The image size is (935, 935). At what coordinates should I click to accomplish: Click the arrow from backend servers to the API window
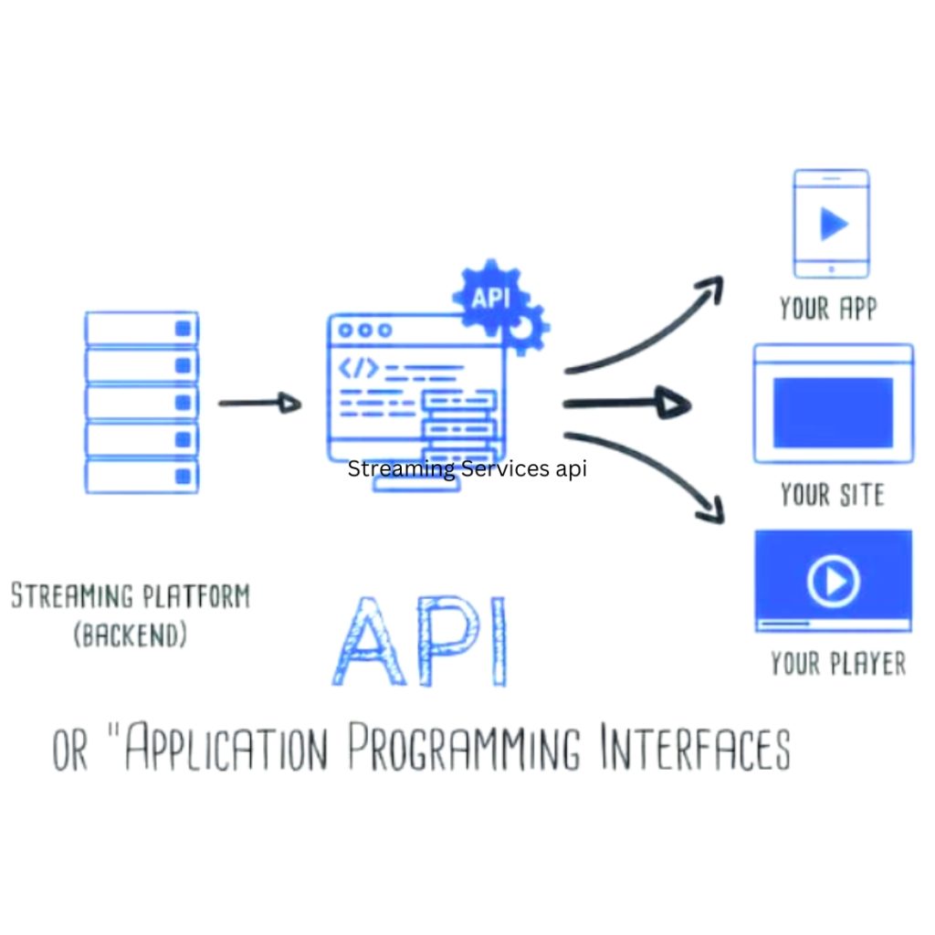259,403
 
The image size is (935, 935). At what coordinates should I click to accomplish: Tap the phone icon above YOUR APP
831,224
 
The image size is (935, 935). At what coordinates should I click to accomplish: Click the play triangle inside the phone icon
833,223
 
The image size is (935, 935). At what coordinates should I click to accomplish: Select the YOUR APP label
828,309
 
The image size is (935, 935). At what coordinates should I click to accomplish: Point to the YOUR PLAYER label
838,663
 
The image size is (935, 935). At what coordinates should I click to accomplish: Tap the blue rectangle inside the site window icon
833,413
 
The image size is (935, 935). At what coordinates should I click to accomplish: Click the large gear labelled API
490,297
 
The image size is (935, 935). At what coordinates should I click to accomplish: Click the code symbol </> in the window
358,368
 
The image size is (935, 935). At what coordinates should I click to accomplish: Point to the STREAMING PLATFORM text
130,596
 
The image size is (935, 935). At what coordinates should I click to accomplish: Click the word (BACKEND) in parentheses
130,636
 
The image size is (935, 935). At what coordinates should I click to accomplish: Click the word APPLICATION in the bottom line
225,751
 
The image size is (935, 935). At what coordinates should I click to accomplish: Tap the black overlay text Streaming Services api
467,469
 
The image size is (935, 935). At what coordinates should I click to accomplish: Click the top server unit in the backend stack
142,327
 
